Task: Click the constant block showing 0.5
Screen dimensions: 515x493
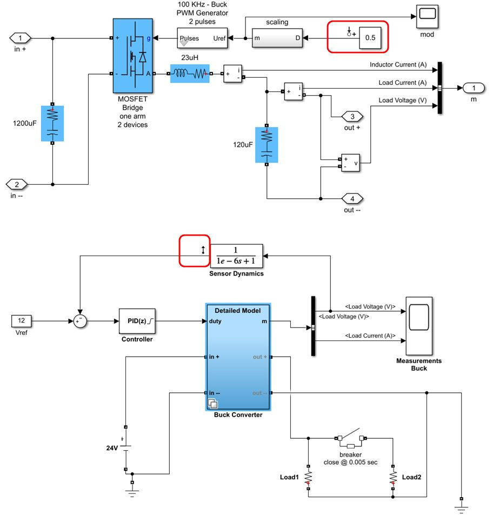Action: click(x=370, y=38)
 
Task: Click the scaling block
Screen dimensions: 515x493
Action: click(x=277, y=38)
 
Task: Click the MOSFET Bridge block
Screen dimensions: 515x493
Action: click(x=132, y=56)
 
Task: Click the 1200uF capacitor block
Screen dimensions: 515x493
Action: click(x=52, y=124)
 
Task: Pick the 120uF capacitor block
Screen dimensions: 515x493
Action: click(x=266, y=145)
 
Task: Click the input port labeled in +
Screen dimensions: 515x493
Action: click(x=21, y=38)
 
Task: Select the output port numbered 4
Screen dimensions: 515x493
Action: click(x=352, y=198)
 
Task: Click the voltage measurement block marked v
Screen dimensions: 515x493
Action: click(x=350, y=163)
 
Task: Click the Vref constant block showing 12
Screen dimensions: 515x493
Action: click(x=22, y=322)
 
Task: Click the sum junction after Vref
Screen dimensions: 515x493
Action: click(x=80, y=322)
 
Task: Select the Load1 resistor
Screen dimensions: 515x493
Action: click(x=308, y=477)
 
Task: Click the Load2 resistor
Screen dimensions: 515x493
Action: click(x=392, y=477)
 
